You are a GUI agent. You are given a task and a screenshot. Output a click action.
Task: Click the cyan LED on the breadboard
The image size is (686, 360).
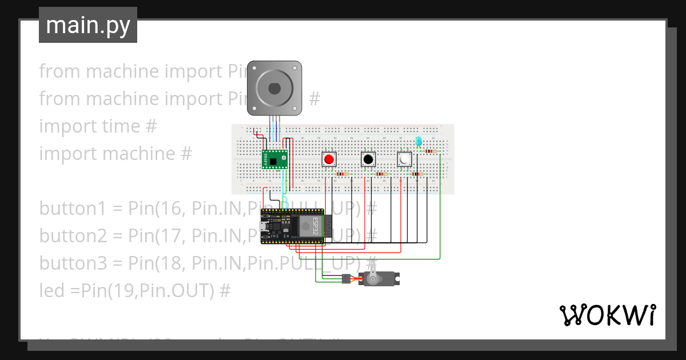[418, 141]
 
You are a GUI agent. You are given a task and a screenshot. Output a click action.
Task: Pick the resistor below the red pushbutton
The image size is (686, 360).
[342, 174]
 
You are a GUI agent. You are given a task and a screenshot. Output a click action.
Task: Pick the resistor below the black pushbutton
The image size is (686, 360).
[382, 174]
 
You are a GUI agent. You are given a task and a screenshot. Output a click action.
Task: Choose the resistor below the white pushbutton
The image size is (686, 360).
[417, 174]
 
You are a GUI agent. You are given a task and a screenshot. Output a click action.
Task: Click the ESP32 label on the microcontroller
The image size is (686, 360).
[313, 227]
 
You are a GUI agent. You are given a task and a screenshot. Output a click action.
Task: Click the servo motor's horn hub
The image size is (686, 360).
[373, 279]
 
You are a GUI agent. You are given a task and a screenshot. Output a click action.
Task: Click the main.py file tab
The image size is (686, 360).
[88, 26]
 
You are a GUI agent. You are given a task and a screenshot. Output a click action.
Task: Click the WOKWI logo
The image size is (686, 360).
[607, 315]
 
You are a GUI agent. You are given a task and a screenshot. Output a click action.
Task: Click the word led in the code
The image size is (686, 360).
[51, 291]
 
